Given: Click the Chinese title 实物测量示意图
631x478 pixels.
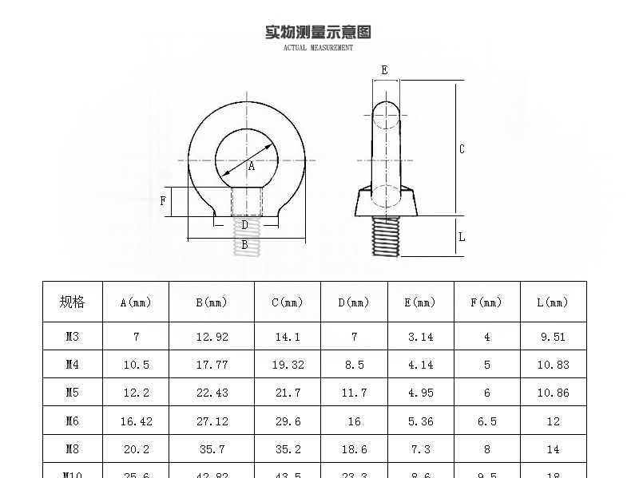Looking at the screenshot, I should [x=318, y=33].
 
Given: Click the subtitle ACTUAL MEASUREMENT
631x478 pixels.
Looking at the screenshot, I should [x=318, y=48].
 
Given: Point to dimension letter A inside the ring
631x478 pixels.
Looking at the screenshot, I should [x=252, y=167].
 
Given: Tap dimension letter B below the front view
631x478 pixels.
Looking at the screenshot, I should [x=244, y=246].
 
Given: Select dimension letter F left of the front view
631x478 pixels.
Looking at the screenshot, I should [x=164, y=201].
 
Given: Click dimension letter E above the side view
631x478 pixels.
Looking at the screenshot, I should [x=384, y=70].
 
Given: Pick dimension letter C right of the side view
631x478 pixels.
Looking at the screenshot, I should [x=462, y=149].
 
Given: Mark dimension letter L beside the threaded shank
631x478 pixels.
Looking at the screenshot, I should [x=462, y=236].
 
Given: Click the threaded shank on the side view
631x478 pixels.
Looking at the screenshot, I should [x=387, y=236].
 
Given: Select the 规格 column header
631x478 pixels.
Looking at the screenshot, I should [x=72, y=302].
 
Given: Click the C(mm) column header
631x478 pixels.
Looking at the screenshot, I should [x=288, y=302].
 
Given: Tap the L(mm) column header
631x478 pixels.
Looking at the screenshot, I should [x=553, y=302].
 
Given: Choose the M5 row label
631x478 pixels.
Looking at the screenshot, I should [x=72, y=393].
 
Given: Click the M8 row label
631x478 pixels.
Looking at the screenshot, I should [x=72, y=449].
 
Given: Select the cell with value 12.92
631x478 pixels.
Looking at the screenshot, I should [x=212, y=337].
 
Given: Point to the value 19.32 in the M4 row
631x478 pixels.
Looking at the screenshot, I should [x=288, y=365].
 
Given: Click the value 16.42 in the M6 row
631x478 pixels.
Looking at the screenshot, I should [x=136, y=421].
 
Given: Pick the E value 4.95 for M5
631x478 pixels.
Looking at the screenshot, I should [x=420, y=393].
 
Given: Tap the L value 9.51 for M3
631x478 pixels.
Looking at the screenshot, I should [x=553, y=337].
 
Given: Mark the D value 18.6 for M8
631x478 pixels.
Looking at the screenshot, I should [x=354, y=449].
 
